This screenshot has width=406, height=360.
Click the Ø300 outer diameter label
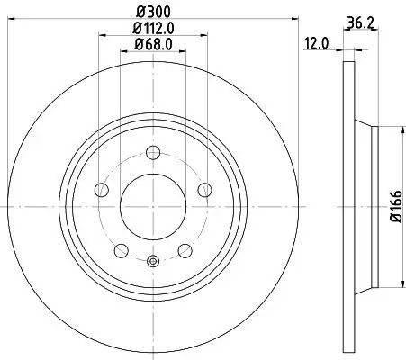pos(152,13)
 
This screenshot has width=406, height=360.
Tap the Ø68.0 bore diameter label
pos(153,44)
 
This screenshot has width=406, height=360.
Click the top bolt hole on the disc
pos(152,151)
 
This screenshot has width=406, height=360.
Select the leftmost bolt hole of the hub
pos(100,189)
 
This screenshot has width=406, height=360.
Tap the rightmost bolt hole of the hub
pos(205,189)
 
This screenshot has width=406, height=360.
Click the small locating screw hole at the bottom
pos(152,262)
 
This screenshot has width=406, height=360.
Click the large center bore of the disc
pos(152,206)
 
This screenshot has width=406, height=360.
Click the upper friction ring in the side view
pos(347,99)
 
